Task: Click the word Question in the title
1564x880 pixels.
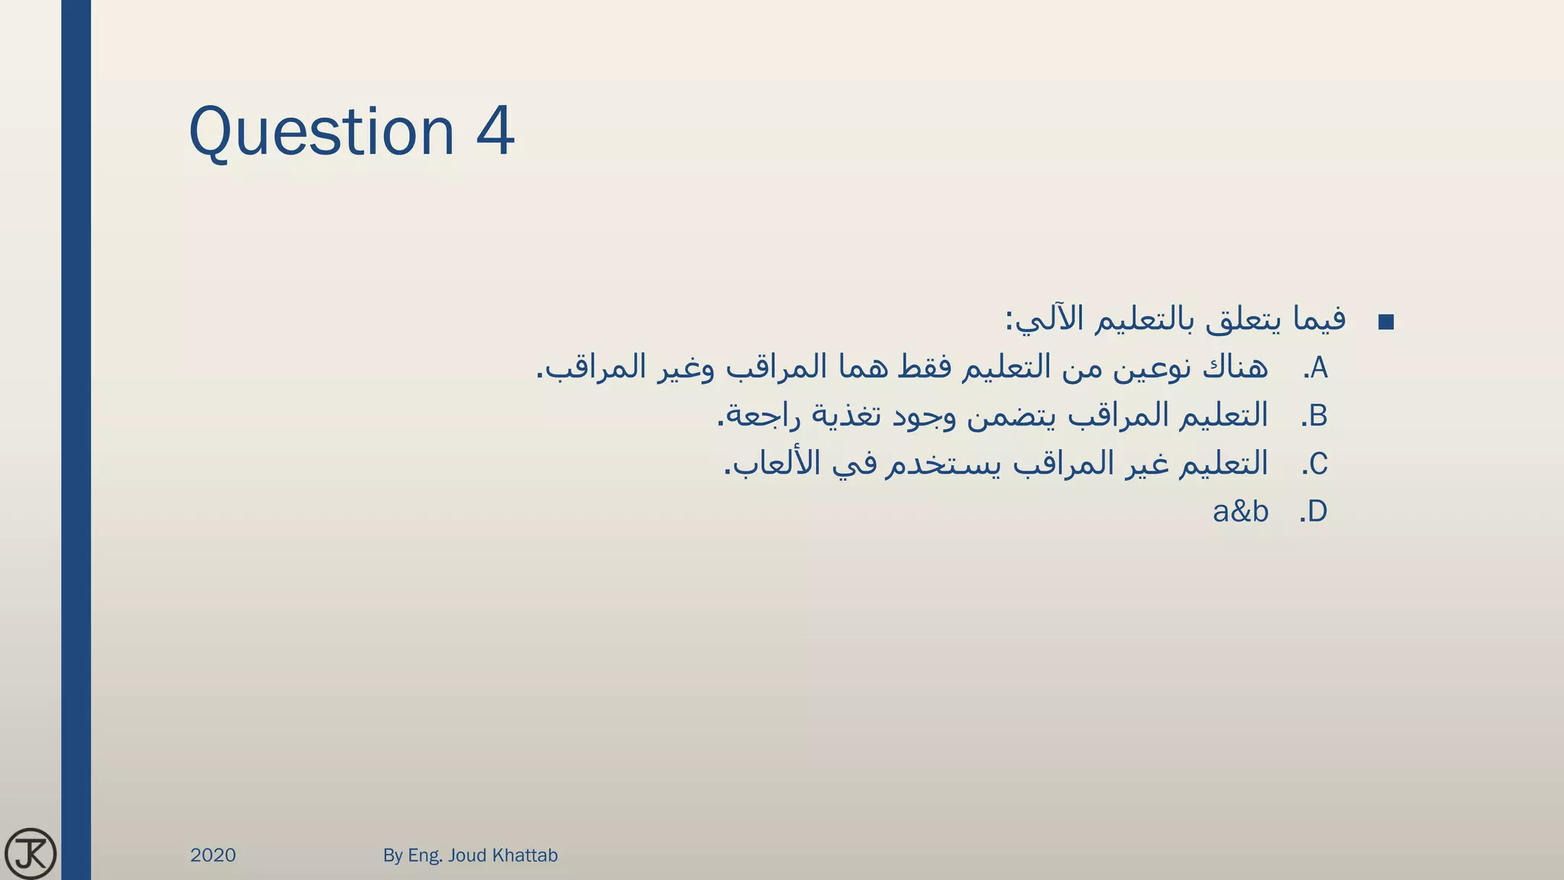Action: point(321,132)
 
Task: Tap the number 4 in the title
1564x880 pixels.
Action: point(495,131)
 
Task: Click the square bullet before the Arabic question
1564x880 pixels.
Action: point(1386,322)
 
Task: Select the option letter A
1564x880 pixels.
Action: point(1319,368)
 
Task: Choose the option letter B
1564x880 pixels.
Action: point(1318,416)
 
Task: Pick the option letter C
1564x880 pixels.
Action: point(1318,464)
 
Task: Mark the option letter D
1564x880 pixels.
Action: point(1317,512)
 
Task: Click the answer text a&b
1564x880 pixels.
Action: point(1240,512)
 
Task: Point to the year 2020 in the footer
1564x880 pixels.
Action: point(213,855)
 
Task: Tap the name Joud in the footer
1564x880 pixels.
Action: point(467,855)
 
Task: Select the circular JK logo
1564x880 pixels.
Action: point(31,853)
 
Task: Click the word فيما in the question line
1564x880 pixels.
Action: point(1319,319)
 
